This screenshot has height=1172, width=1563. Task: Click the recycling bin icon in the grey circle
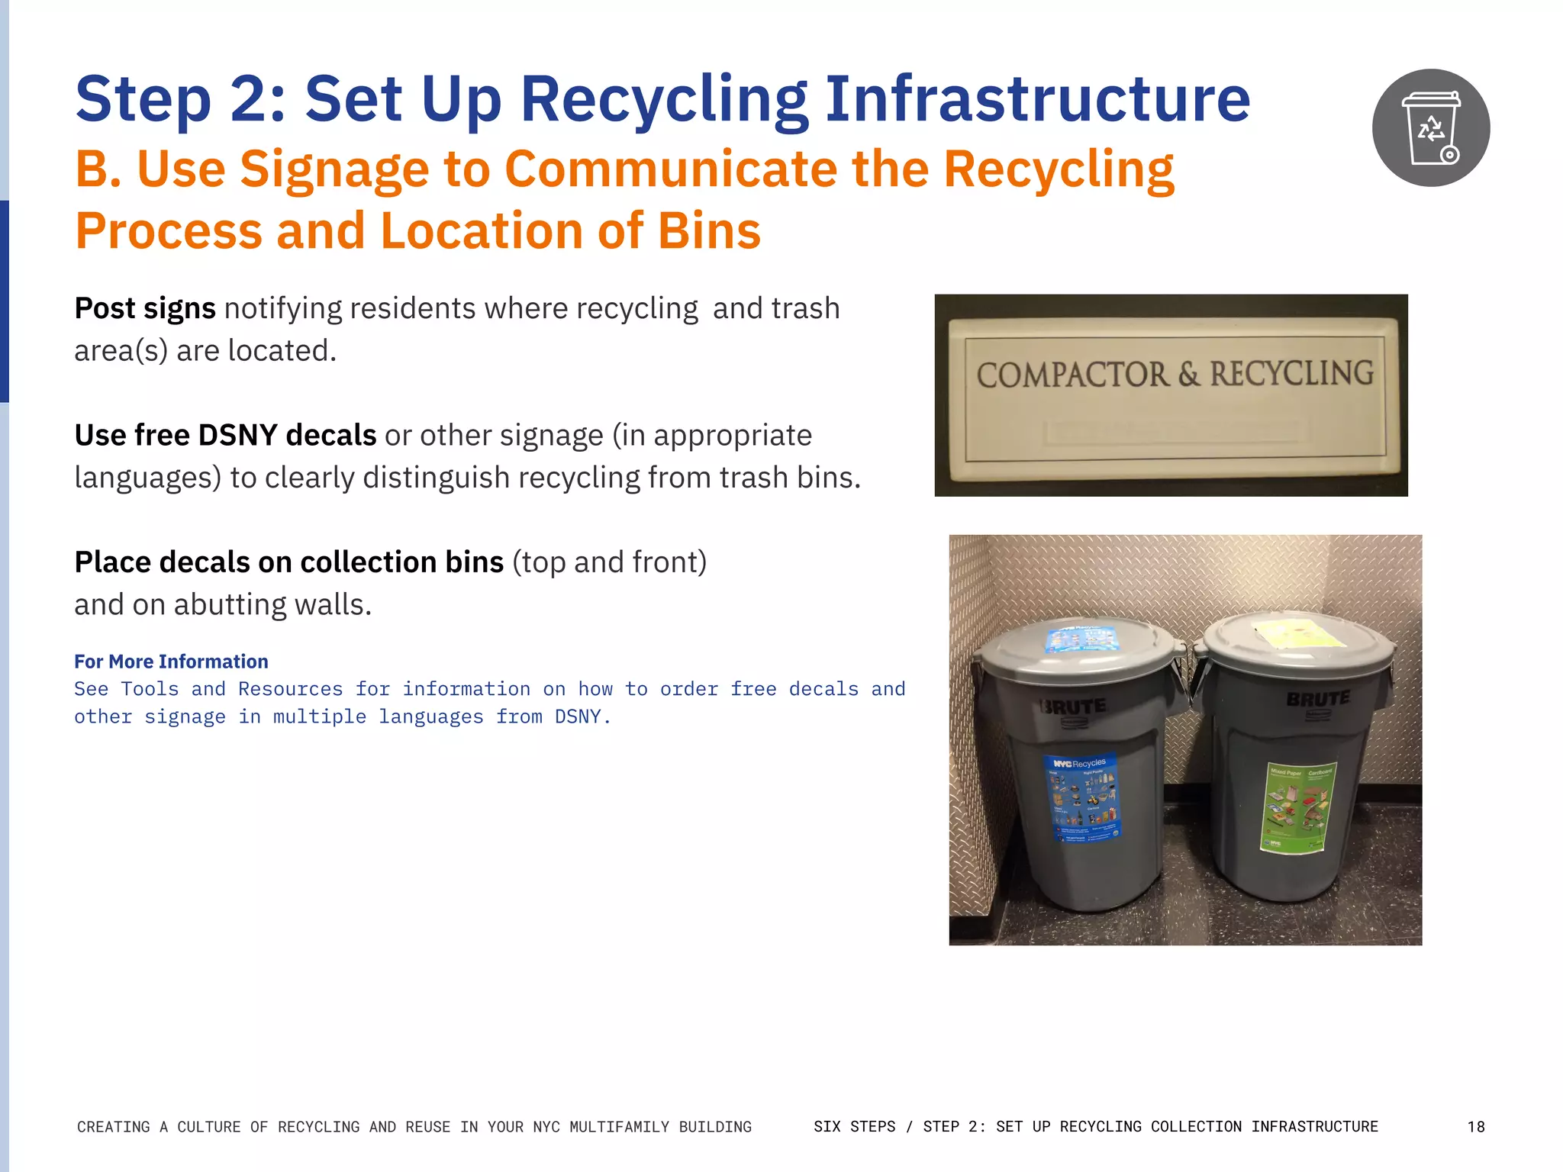point(1431,128)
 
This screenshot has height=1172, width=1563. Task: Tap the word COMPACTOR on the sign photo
point(1072,375)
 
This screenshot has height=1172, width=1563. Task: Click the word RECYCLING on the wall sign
point(1291,373)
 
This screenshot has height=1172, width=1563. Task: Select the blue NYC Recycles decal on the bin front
point(1082,797)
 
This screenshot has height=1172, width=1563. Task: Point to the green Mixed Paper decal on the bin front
point(1296,807)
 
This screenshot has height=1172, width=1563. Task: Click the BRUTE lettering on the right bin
point(1318,699)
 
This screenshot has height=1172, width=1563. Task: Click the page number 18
point(1476,1127)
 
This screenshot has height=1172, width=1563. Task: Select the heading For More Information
point(171,662)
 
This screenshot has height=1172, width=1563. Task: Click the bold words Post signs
point(145,308)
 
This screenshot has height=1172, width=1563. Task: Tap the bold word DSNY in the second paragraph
point(237,435)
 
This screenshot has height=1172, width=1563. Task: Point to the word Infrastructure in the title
point(1037,99)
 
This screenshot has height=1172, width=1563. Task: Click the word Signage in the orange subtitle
point(334,169)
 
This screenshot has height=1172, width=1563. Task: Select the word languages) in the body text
point(147,478)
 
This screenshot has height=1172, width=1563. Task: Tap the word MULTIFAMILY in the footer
point(620,1127)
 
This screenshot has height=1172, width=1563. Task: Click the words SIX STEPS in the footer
point(855,1127)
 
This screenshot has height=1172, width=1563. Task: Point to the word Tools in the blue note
point(150,689)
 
